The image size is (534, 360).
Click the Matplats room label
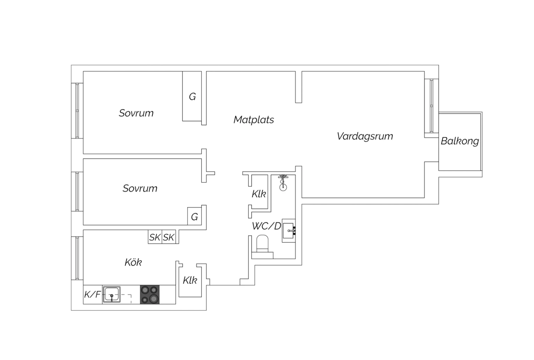[253, 120]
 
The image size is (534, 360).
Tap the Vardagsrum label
[365, 136]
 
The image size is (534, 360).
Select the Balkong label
[460, 141]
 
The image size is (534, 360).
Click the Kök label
[133, 262]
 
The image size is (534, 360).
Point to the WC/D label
[267, 226]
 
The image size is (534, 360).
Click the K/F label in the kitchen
[93, 294]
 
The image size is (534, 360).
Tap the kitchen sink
[111, 294]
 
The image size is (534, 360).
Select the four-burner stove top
[150, 294]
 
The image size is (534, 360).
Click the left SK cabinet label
[155, 237]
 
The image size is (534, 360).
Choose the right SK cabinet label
[168, 237]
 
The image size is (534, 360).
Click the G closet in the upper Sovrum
[192, 96]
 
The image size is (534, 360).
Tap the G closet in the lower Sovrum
[194, 216]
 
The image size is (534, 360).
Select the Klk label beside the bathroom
[259, 194]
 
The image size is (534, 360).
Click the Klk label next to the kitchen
[190, 280]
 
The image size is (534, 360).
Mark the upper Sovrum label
[136, 113]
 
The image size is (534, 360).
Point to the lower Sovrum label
[140, 188]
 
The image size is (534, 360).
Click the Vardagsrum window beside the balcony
[431, 106]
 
